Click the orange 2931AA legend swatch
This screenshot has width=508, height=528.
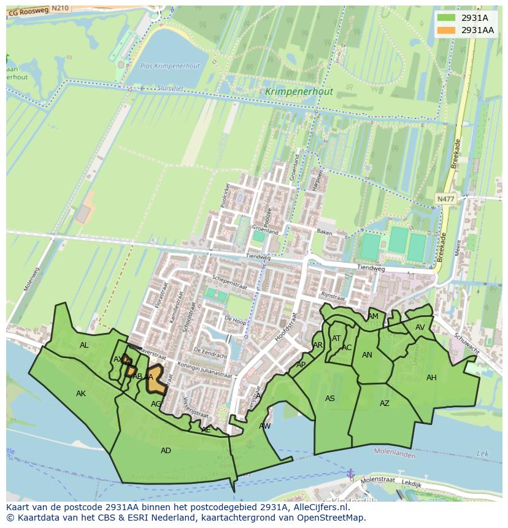pos(446,30)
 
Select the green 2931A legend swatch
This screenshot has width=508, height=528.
pos(446,18)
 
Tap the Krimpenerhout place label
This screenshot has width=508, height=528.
pos(299,92)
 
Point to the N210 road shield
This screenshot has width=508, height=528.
pos(60,8)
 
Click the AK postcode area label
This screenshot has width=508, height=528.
pos(81,394)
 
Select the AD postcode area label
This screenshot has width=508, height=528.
pos(166,451)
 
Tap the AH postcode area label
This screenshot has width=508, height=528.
pos(431,378)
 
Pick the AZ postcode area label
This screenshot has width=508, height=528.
pos(384,404)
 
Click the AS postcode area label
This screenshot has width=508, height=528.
pos(330,399)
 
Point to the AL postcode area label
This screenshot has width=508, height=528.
pos(84,345)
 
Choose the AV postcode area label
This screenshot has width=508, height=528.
pos(420,327)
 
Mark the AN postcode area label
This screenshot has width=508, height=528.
pos(367,355)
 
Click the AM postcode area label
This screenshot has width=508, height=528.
pos(373,316)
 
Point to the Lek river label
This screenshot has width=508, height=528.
pos(483,453)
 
